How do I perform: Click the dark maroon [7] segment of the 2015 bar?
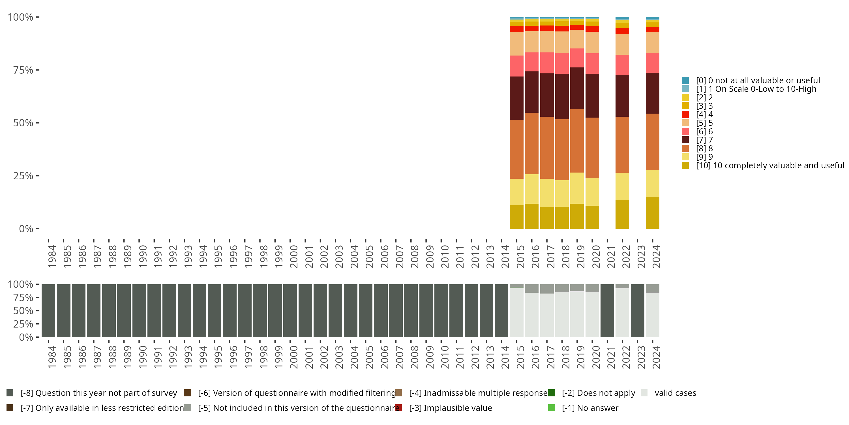click(516, 98)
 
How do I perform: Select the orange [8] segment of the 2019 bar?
click(577, 141)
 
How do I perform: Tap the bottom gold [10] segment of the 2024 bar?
click(652, 212)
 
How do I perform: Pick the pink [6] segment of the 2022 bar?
click(622, 65)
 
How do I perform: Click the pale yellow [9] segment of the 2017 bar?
click(547, 193)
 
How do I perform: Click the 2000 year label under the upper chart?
click(294, 256)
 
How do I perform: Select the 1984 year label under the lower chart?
click(52, 357)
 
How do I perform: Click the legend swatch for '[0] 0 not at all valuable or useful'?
click(685, 80)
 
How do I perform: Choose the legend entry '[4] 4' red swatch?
click(685, 114)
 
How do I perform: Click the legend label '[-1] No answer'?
click(590, 408)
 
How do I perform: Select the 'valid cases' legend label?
click(675, 393)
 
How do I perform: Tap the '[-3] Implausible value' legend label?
click(450, 408)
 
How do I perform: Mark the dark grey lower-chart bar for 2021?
click(607, 311)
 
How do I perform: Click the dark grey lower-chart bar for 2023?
click(637, 311)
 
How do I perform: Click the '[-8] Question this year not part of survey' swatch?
click(10, 393)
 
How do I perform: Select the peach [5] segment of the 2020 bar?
click(592, 42)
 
